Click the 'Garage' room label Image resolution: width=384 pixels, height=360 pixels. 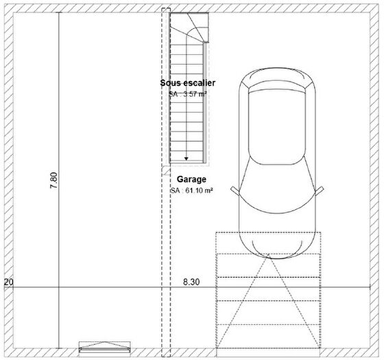191,179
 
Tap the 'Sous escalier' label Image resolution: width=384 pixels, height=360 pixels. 188,83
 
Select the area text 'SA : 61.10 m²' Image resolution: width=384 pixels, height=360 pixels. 191,191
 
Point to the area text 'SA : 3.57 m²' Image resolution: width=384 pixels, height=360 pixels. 188,94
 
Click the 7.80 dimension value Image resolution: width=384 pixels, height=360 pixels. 53,180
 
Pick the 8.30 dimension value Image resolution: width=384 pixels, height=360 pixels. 191,282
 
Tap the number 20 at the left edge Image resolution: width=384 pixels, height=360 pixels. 9,282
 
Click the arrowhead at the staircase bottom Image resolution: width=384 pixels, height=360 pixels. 187,158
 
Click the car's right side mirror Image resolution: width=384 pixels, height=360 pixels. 319,191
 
